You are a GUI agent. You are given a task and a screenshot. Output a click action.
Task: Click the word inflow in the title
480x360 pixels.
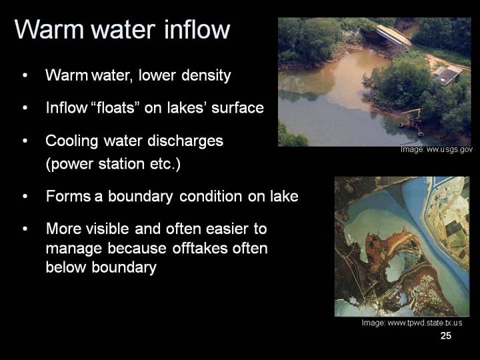197,29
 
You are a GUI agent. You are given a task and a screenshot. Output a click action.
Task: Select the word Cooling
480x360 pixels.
72,141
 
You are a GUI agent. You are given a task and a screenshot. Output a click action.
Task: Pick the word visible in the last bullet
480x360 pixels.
107,229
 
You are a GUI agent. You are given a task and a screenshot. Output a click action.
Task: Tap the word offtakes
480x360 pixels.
200,248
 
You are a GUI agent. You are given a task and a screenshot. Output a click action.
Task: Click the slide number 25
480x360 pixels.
446,335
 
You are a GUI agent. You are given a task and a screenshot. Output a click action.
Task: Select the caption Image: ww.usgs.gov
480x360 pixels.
437,149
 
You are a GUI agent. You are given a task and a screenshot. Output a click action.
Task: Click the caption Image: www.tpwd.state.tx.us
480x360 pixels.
412,323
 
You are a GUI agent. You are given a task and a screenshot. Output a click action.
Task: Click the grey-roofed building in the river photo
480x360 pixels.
447,75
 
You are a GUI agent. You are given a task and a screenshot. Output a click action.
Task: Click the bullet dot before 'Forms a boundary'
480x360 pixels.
25,196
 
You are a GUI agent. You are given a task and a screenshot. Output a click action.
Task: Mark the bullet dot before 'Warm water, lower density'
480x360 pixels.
25,75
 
